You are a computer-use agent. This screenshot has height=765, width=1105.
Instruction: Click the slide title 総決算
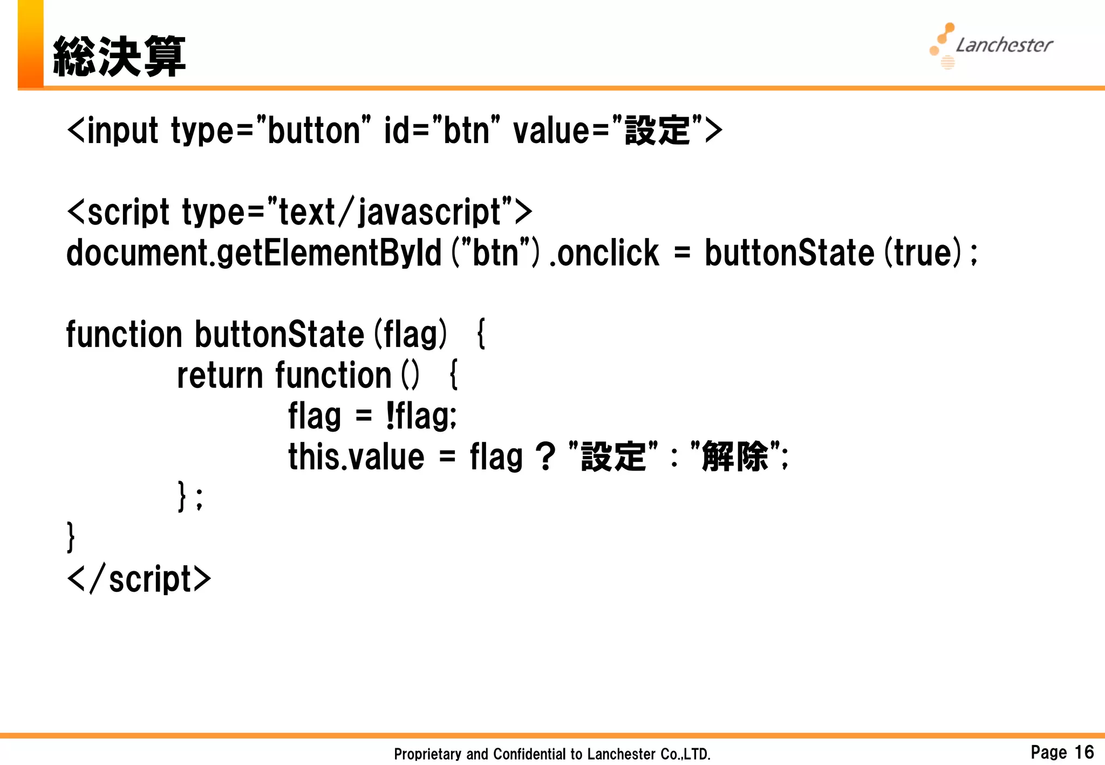click(119, 57)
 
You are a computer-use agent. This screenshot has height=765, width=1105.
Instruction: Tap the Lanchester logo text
click(1004, 45)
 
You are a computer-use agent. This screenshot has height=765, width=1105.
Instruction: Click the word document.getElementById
click(254, 253)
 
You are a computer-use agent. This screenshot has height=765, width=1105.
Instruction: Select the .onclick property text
click(604, 253)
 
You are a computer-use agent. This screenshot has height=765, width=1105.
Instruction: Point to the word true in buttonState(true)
click(922, 253)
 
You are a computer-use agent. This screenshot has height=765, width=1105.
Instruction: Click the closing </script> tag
click(139, 579)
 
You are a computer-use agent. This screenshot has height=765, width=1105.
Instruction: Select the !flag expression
click(421, 416)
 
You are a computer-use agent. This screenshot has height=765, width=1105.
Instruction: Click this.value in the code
click(356, 457)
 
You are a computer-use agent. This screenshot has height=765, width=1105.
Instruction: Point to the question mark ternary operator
click(545, 457)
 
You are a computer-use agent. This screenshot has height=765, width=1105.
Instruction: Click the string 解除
click(735, 457)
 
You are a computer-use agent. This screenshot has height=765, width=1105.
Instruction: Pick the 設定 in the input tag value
click(657, 131)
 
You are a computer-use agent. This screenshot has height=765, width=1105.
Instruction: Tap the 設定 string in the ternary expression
click(613, 457)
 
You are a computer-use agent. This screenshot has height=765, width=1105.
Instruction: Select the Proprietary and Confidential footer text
click(552, 754)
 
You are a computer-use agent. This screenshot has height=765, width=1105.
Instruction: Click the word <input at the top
click(113, 131)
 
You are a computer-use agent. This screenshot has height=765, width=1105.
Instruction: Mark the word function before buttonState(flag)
click(124, 334)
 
